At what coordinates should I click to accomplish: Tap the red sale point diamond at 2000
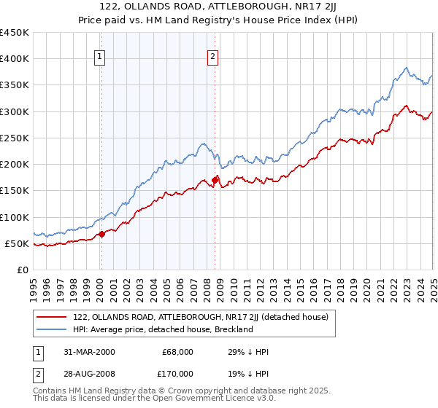tap(101, 234)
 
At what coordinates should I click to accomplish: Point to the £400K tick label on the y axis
tap(15, 59)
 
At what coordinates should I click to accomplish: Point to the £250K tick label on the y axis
tap(15, 138)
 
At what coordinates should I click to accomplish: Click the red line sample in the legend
tap(51, 317)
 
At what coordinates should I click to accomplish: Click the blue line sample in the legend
tap(51, 329)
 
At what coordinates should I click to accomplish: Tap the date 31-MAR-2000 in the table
tap(90, 352)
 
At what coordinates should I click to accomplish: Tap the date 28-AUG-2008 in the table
tap(90, 377)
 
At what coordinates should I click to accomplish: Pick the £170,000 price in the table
tap(175, 377)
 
